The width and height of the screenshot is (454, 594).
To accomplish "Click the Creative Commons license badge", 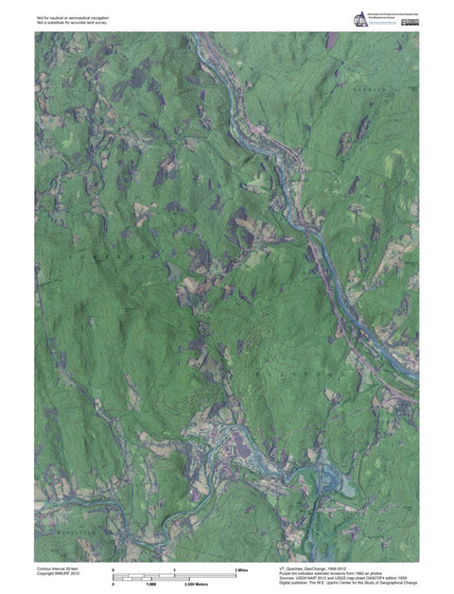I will click(409, 21).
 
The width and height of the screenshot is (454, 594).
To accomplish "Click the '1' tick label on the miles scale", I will click(175, 571).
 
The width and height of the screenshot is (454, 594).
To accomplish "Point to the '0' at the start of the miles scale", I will click(113, 571).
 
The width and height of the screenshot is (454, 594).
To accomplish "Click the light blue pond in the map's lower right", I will click(346, 487).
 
